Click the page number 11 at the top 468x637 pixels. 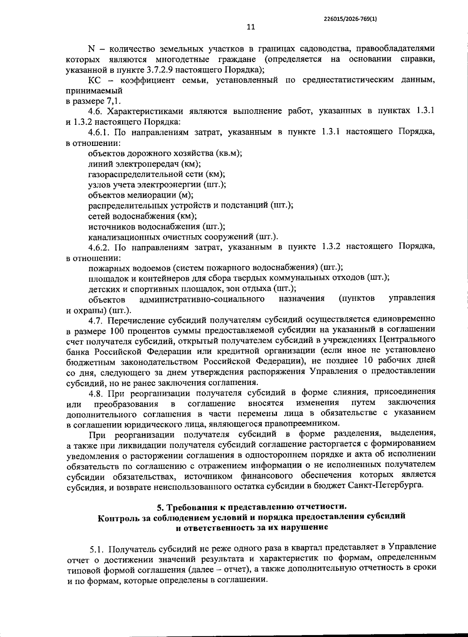point(251,27)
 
